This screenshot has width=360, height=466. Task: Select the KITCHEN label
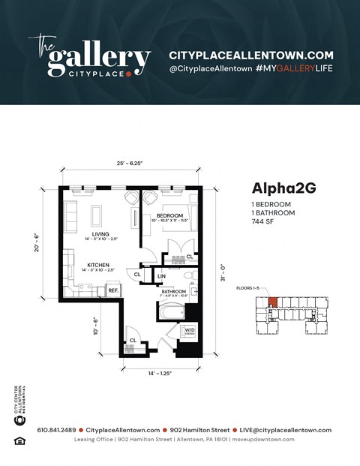pyautogui.click(x=100, y=265)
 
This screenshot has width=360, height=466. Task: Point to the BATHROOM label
pyautogui.click(x=173, y=291)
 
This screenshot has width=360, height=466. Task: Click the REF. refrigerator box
pyautogui.click(x=113, y=290)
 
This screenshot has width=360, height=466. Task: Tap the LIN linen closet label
pyautogui.click(x=161, y=276)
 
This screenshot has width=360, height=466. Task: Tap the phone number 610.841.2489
pyautogui.click(x=57, y=430)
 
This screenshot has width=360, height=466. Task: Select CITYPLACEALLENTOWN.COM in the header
pyautogui.click(x=250, y=55)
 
